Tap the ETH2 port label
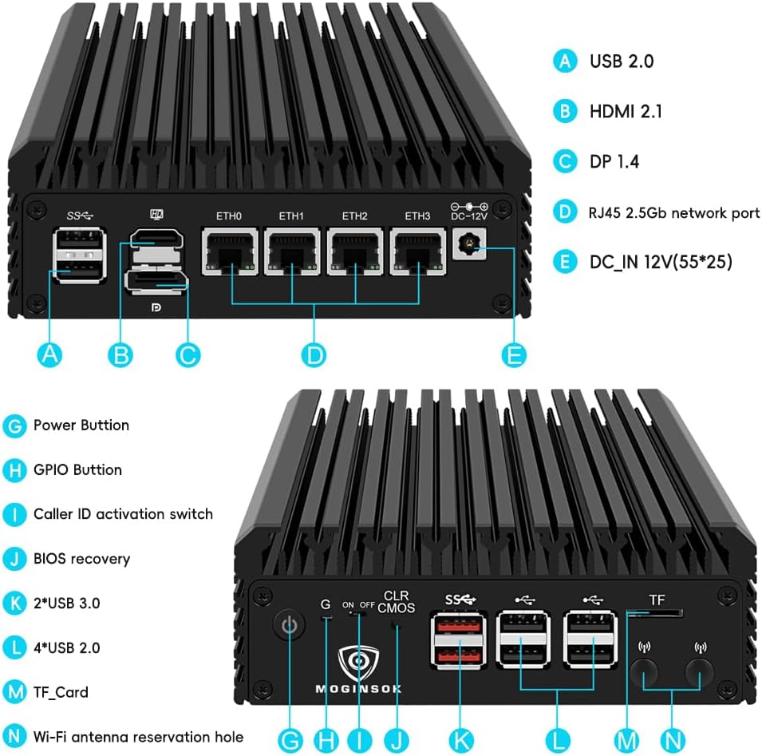(354, 216)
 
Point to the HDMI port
(156, 239)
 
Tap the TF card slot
(655, 613)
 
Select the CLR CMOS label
(396, 602)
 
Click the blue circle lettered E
(515, 354)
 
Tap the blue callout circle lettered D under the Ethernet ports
(315, 354)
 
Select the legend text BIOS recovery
(81, 559)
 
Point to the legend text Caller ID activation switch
(123, 514)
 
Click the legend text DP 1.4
(614, 161)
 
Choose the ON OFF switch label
(358, 605)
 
